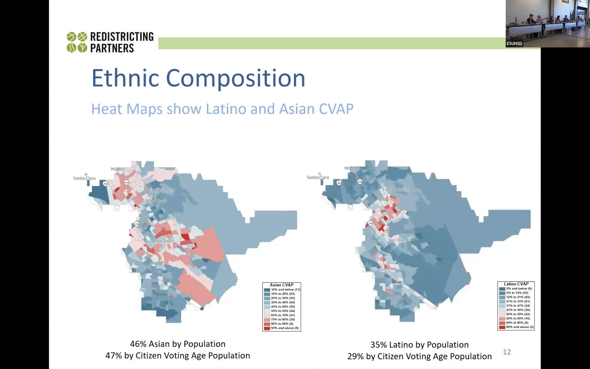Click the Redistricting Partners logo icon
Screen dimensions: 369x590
click(x=77, y=42)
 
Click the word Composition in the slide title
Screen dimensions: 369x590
click(x=235, y=78)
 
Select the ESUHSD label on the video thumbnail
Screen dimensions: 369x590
click(x=514, y=44)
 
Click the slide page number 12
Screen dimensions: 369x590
click(x=507, y=352)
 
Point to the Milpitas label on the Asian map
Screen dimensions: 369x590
click(x=118, y=169)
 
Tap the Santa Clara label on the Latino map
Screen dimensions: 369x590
click(x=318, y=177)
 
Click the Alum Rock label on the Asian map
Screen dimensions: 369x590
click(x=156, y=200)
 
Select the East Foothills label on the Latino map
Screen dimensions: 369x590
click(x=395, y=189)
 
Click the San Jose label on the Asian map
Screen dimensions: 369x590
click(x=163, y=241)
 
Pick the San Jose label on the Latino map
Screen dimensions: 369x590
click(x=397, y=240)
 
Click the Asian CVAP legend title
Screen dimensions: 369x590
click(x=282, y=285)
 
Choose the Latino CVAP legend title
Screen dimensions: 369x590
click(x=516, y=284)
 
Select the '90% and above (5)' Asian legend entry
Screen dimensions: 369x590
click(x=284, y=328)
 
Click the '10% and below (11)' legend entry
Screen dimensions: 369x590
click(x=285, y=289)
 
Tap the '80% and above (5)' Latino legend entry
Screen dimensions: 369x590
click(x=519, y=327)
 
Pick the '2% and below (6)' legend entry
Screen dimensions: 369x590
click(x=519, y=289)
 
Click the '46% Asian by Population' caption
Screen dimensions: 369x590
click(x=178, y=344)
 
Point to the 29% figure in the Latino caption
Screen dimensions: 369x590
click(x=355, y=356)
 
